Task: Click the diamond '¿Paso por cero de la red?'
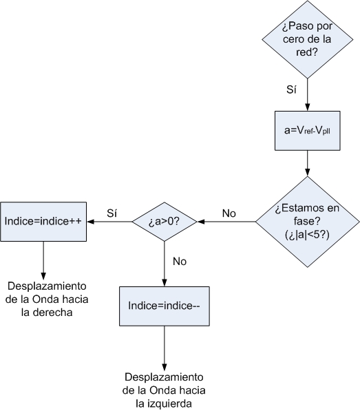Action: [x=307, y=39]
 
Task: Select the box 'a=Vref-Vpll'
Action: [x=307, y=131]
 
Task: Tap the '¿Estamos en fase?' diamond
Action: [x=307, y=222]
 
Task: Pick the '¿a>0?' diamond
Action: [x=165, y=222]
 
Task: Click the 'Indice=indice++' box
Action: [x=43, y=222]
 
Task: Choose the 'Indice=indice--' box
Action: [x=165, y=306]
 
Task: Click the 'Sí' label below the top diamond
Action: [x=291, y=89]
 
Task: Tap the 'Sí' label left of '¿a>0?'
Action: [x=112, y=213]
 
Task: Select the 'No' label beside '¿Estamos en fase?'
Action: [x=229, y=213]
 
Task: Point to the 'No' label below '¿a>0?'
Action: [x=180, y=262]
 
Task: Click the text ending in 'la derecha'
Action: [x=47, y=299]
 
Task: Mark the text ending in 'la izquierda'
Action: [x=164, y=390]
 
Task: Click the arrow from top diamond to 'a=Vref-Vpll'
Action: [x=307, y=94]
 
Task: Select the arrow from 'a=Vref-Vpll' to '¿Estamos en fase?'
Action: [x=307, y=163]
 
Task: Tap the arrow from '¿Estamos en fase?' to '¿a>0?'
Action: [x=226, y=222]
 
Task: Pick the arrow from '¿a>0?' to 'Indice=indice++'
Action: [x=109, y=222]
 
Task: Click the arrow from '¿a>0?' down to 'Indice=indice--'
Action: [x=165, y=264]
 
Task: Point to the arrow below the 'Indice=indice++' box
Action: [x=43, y=260]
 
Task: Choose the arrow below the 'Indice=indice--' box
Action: [x=165, y=348]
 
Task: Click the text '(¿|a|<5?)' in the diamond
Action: [x=307, y=235]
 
